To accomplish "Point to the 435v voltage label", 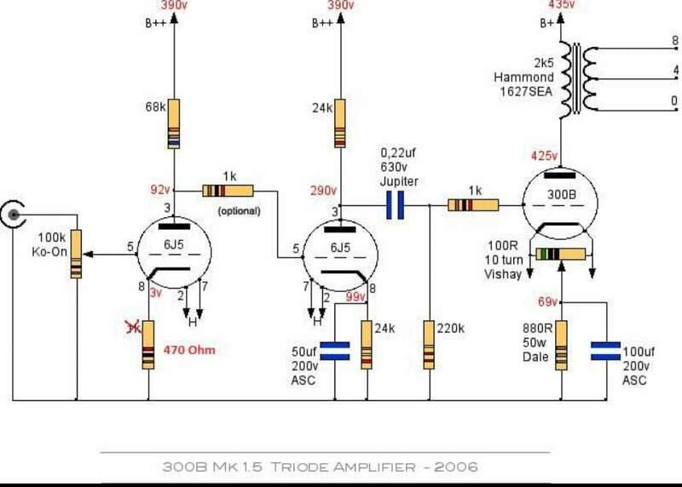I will tap(562, 4).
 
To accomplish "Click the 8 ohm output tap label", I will tap(674, 40).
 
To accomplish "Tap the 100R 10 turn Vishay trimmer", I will tap(561, 254).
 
